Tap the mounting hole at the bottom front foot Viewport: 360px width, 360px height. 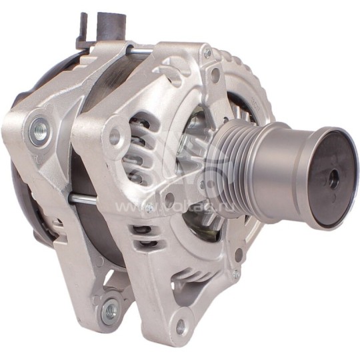click(x=181, y=327)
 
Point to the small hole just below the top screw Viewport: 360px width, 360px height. click(x=215, y=75)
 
